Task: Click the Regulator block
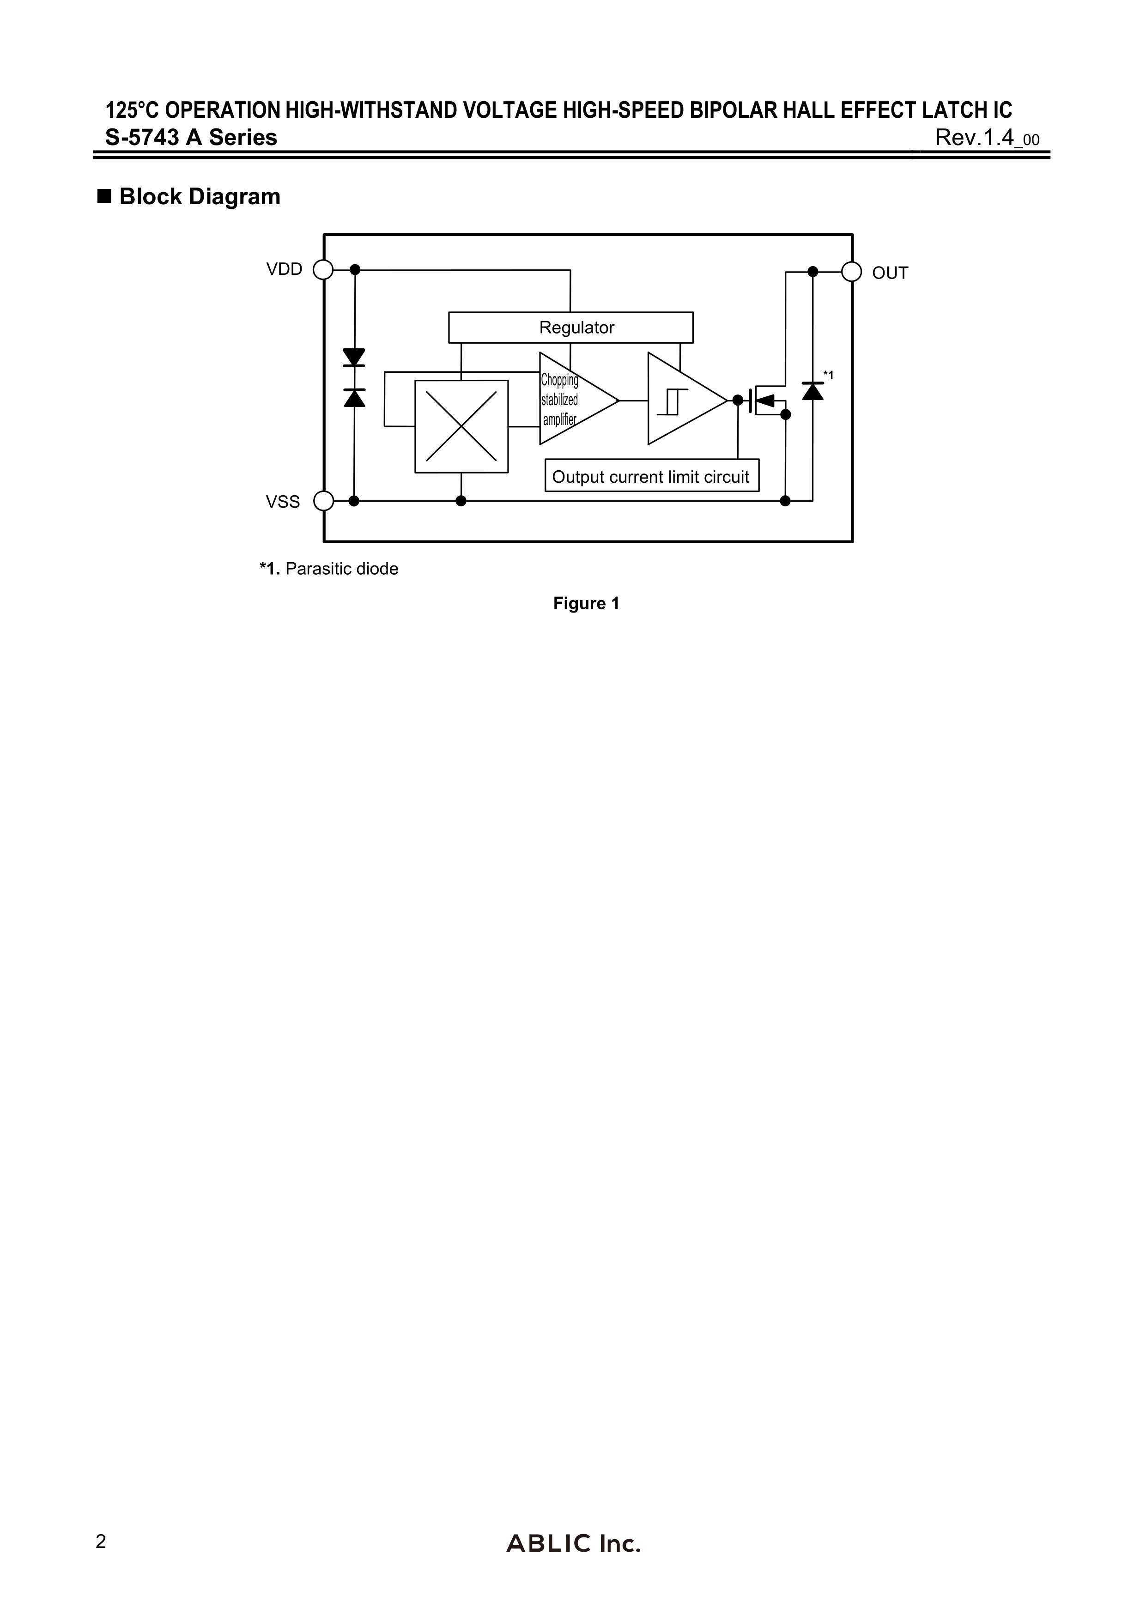tap(570, 328)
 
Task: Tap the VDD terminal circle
tap(323, 270)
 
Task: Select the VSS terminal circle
tap(323, 501)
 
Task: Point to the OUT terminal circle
tap(852, 272)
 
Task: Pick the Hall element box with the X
tap(461, 426)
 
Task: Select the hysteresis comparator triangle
tap(681, 400)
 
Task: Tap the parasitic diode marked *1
tap(813, 390)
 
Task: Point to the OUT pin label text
tap(890, 273)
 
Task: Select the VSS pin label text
tap(282, 502)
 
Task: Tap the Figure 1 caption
tap(586, 604)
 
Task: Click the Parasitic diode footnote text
tap(329, 569)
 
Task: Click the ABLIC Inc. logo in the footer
tap(573, 1543)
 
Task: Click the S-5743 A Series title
tap(191, 137)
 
